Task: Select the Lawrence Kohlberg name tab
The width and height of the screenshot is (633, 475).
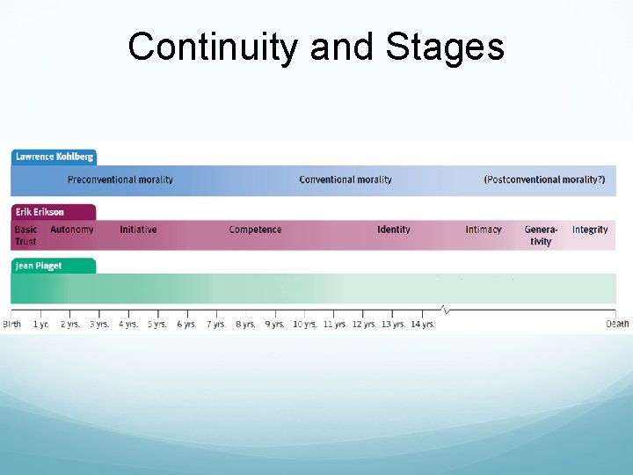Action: pyautogui.click(x=54, y=157)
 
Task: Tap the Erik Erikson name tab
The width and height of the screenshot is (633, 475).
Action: pyautogui.click(x=40, y=212)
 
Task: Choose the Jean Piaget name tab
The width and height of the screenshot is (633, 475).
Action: pyautogui.click(x=39, y=266)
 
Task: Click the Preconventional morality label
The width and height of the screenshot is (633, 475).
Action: pyautogui.click(x=120, y=179)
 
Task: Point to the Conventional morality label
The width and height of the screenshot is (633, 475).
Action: pyautogui.click(x=346, y=179)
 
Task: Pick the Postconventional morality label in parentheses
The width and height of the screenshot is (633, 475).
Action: pyautogui.click(x=544, y=179)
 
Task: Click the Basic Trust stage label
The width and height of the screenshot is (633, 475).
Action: pyautogui.click(x=25, y=235)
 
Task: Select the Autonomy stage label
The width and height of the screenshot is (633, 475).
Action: pyautogui.click(x=71, y=230)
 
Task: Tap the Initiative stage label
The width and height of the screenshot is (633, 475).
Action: pyautogui.click(x=138, y=230)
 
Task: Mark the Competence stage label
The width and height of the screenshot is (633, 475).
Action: pyautogui.click(x=255, y=230)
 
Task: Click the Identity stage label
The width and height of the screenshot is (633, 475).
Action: pyautogui.click(x=394, y=230)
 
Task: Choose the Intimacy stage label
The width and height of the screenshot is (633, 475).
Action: pyautogui.click(x=484, y=230)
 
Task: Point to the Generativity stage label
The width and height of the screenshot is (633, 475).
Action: pyautogui.click(x=541, y=235)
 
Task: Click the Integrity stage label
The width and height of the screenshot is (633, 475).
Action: pyautogui.click(x=590, y=230)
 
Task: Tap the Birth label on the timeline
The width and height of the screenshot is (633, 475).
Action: pyautogui.click(x=12, y=325)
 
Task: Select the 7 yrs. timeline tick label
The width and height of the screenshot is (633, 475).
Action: pyautogui.click(x=216, y=325)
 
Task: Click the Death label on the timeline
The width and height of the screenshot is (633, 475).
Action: pyautogui.click(x=617, y=325)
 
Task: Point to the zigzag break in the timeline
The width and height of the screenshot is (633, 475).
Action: pyautogui.click(x=446, y=310)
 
